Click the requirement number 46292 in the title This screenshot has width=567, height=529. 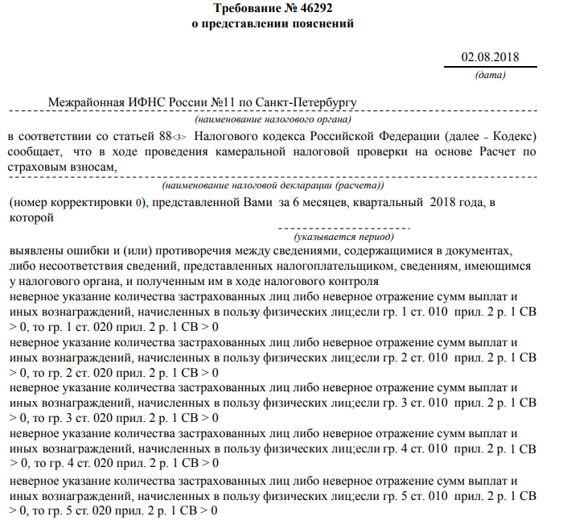tap(313, 9)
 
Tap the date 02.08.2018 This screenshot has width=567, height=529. tap(490, 57)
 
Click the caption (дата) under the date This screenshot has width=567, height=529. tap(491, 76)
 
